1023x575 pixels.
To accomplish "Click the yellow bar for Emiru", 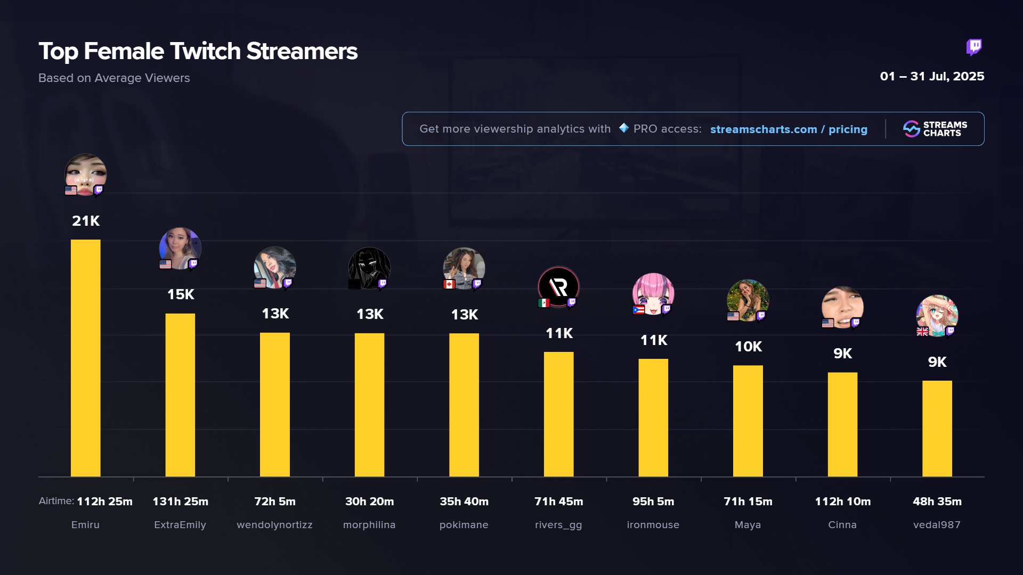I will click(85, 358).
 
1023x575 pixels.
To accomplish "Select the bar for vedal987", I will click(937, 429).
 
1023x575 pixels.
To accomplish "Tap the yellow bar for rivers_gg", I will click(558, 414).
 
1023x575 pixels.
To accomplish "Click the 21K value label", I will click(86, 221).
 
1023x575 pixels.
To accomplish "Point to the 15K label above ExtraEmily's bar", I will click(181, 294).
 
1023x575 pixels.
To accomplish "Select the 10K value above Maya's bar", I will click(748, 347).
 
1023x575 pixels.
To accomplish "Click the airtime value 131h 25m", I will click(180, 502).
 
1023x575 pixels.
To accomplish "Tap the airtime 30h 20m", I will click(369, 502).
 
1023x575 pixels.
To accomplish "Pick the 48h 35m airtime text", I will click(937, 502).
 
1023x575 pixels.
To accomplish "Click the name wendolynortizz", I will click(274, 525).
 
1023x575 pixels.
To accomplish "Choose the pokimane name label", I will click(464, 525).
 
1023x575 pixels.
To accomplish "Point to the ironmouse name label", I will click(653, 525).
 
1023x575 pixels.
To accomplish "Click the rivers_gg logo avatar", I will click(558, 287).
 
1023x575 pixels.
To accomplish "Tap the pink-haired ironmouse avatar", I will click(653, 293).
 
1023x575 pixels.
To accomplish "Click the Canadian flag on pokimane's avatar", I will click(449, 284).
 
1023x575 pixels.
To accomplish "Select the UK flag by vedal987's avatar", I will click(922, 332).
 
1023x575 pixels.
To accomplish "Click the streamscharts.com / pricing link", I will click(789, 129).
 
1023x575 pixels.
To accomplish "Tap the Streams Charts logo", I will click(935, 129).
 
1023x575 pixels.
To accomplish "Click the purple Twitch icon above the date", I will click(974, 47).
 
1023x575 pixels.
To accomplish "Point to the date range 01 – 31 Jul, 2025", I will click(932, 77).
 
